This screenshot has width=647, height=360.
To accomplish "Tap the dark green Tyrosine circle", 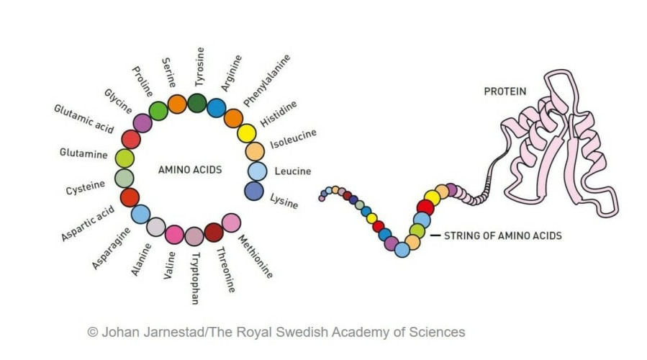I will point(197,103).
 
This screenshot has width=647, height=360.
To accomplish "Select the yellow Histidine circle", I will point(247,133).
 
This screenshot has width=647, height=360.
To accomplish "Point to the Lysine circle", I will point(254,191).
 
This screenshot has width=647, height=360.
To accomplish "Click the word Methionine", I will point(255,257).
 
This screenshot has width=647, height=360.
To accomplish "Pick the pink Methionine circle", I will point(231,222).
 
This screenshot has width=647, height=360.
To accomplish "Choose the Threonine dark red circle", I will point(213,232).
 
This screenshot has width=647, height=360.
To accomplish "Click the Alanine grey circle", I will point(156,227).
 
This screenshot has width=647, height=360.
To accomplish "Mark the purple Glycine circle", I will point(142,123).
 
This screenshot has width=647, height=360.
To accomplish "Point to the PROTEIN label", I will point(505,91).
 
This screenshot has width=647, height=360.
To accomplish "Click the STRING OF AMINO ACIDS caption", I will point(502,235).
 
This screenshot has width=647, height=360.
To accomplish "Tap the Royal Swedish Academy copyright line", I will point(276,332).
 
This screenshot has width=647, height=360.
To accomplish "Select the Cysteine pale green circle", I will point(125,178).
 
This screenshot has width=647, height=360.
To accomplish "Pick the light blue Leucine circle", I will point(257,171).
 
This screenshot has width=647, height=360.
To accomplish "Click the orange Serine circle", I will point(177,104).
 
